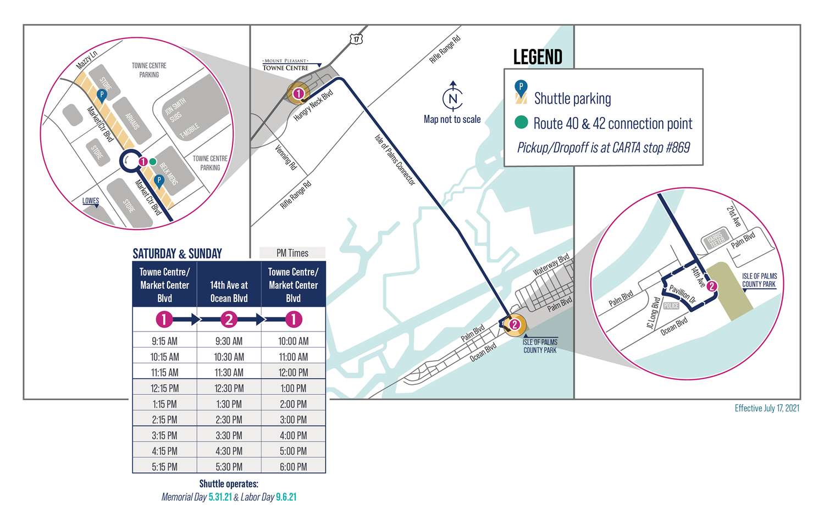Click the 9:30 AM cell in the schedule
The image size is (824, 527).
[x=229, y=341]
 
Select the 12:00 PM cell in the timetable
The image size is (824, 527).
[x=293, y=372]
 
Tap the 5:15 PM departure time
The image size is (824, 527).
[x=164, y=467]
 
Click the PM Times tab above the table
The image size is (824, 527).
[x=292, y=253]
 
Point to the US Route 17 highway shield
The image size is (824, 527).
[x=356, y=39]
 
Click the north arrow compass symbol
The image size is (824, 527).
[x=452, y=98]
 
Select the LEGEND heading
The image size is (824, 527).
[x=537, y=57]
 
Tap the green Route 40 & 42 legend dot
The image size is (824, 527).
[x=521, y=122]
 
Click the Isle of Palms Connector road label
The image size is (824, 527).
[x=395, y=160]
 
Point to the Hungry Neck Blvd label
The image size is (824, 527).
[x=313, y=105]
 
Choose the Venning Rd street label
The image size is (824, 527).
[x=286, y=156]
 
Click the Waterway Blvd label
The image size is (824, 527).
[x=551, y=265]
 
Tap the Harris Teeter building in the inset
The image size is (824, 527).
[x=715, y=239]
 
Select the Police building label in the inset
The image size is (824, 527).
[x=671, y=306]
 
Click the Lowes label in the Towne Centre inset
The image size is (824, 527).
[x=91, y=201]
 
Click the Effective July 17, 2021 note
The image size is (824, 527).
[x=766, y=408]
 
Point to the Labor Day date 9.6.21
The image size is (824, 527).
[x=286, y=497]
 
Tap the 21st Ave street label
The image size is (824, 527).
[x=734, y=216]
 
